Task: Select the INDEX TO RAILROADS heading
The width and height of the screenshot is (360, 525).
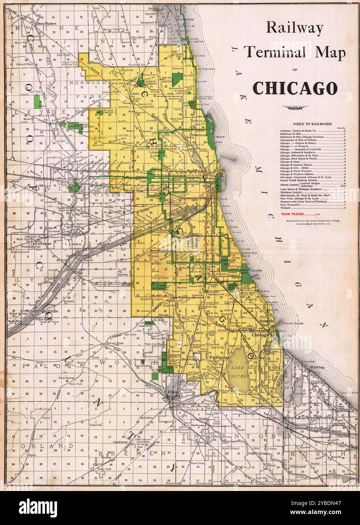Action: point(312,124)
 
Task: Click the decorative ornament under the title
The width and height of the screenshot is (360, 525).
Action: point(295,108)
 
